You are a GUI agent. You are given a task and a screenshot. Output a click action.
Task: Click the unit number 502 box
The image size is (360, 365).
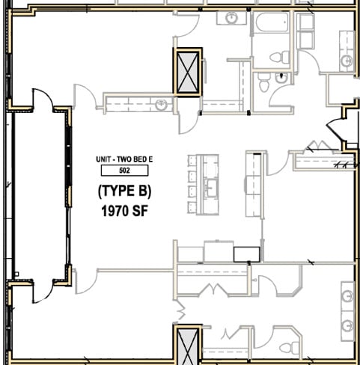point(124,171)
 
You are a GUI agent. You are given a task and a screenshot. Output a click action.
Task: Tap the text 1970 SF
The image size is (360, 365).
point(125,211)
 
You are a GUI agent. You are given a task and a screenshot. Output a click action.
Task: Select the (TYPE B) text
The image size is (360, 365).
point(124,191)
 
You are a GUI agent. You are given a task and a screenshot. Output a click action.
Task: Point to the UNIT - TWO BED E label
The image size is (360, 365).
point(124,159)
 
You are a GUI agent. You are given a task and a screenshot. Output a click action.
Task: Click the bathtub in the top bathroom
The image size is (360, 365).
point(272,22)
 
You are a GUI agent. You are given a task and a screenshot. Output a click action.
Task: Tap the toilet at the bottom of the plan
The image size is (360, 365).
point(290,348)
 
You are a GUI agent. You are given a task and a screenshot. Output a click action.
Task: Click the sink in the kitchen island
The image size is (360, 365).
point(211,188)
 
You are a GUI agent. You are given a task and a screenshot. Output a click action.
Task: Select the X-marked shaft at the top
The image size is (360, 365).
point(188,72)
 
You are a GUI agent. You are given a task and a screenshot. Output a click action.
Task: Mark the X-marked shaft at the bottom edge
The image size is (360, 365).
point(188,346)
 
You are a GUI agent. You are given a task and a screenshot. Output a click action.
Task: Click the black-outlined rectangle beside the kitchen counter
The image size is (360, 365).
point(247,254)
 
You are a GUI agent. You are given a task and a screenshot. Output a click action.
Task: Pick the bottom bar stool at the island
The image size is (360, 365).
point(192,207)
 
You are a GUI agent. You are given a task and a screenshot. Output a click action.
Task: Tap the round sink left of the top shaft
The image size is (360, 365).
point(161,105)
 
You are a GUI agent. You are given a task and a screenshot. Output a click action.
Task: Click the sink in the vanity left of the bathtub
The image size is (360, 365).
point(232,17)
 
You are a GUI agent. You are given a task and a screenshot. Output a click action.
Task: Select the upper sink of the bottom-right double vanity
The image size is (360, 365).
point(347,296)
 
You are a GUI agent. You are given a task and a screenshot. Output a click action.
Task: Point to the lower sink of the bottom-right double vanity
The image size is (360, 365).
point(347,325)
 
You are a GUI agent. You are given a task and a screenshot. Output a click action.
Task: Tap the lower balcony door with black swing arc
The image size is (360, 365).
point(43,291)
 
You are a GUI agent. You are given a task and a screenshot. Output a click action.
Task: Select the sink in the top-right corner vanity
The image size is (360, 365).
point(347,61)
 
